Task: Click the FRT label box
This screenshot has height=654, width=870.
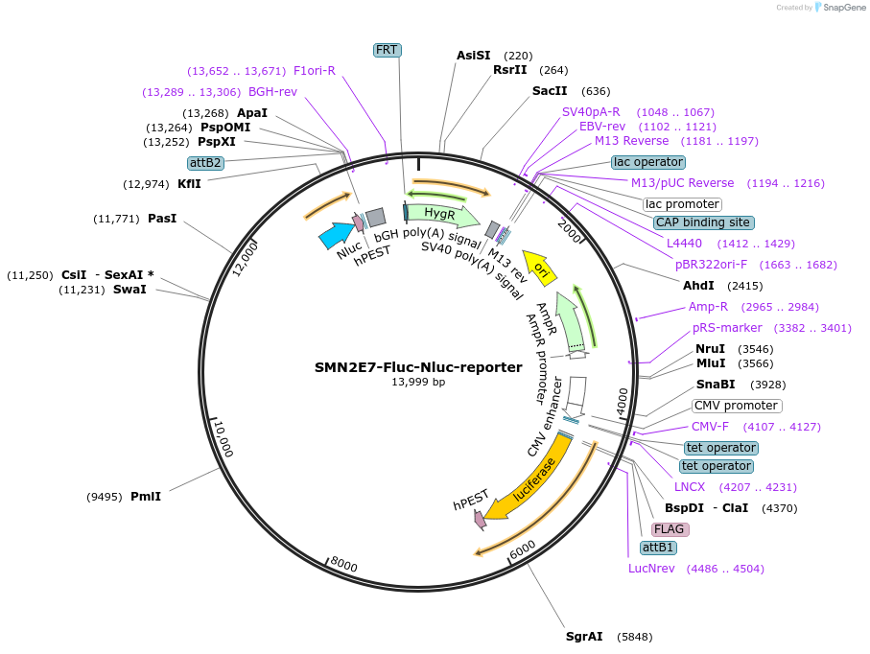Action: [388, 50]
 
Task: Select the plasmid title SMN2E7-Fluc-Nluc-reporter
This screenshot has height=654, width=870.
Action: [418, 366]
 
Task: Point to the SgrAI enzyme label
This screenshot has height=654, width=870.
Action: [584, 636]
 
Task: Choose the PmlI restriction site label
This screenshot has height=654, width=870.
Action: [146, 496]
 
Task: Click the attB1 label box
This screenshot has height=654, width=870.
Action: [658, 548]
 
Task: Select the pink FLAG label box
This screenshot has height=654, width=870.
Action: [670, 528]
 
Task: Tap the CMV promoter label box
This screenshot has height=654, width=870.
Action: [737, 406]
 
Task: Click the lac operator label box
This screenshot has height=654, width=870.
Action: [649, 162]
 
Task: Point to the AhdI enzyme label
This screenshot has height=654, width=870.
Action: [698, 286]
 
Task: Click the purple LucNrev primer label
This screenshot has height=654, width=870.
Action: [651, 568]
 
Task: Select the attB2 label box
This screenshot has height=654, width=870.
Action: [205, 163]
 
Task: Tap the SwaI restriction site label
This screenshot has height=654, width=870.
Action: [129, 290]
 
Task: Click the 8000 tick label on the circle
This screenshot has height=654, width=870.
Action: [343, 565]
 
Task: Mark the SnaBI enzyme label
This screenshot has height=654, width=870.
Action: [715, 385]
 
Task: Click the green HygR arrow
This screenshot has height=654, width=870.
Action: [440, 213]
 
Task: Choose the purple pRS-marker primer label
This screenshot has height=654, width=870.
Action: [727, 327]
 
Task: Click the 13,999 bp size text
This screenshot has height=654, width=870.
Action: [418, 382]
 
